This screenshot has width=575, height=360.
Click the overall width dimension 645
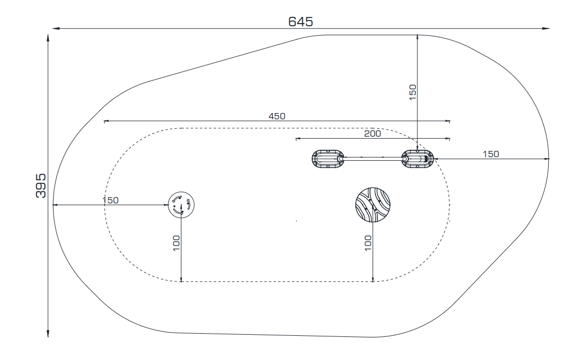point(300,22)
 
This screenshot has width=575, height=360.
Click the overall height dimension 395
point(40,186)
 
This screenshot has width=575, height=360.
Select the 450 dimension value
point(277,116)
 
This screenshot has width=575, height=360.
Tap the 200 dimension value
point(372,134)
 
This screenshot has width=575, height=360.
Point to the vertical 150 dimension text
point(413,92)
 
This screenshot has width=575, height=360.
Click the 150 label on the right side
point(491,154)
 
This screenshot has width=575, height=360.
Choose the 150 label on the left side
point(110,200)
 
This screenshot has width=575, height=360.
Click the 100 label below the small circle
point(177,243)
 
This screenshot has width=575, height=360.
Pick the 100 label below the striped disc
point(368,243)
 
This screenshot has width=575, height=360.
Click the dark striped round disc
point(373,205)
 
